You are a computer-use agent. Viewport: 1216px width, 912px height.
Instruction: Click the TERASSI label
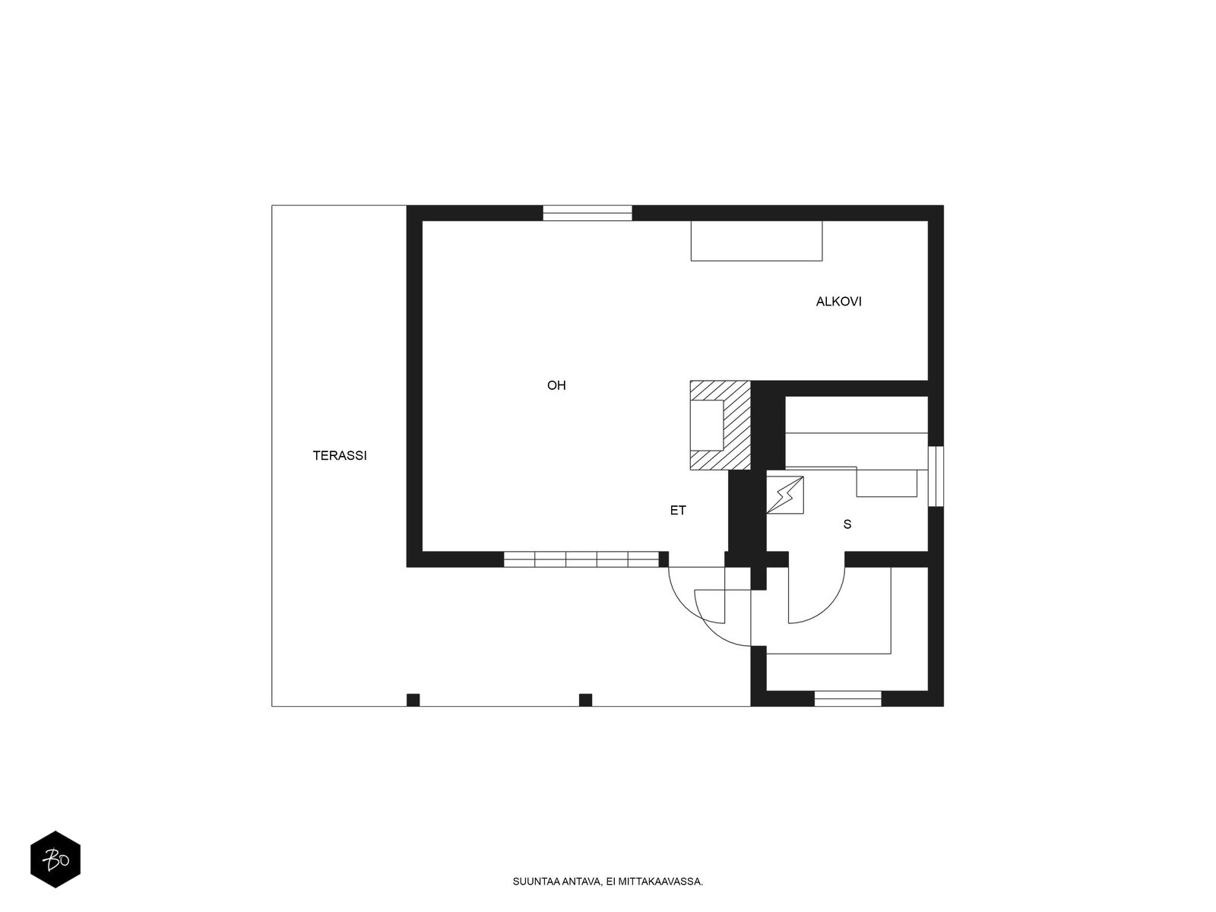tap(340, 456)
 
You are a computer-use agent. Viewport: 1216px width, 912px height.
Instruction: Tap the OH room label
tap(556, 385)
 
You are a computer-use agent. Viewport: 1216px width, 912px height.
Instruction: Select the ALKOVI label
tap(839, 302)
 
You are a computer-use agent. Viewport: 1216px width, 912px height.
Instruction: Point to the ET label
tap(678, 511)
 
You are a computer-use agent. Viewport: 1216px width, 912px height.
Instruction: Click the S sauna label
tap(847, 524)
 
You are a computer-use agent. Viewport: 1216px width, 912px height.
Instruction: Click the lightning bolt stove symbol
tap(785, 495)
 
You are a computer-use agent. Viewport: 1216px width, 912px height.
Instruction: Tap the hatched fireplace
tap(720, 426)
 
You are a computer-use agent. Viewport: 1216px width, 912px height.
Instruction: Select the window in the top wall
tap(587, 214)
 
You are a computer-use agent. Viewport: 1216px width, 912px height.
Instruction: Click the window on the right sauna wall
tap(936, 477)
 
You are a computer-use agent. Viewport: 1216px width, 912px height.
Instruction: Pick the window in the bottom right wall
tap(847, 698)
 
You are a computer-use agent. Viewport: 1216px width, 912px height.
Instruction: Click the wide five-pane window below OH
tap(581, 559)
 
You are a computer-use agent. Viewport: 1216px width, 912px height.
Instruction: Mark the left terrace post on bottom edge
tap(413, 700)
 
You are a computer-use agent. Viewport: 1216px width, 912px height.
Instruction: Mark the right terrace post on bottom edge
tap(585, 700)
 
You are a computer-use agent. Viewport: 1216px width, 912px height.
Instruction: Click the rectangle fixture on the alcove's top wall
tap(756, 241)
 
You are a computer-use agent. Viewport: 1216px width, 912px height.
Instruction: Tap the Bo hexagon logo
tap(55, 860)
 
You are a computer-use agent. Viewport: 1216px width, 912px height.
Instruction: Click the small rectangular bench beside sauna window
tap(886, 483)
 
